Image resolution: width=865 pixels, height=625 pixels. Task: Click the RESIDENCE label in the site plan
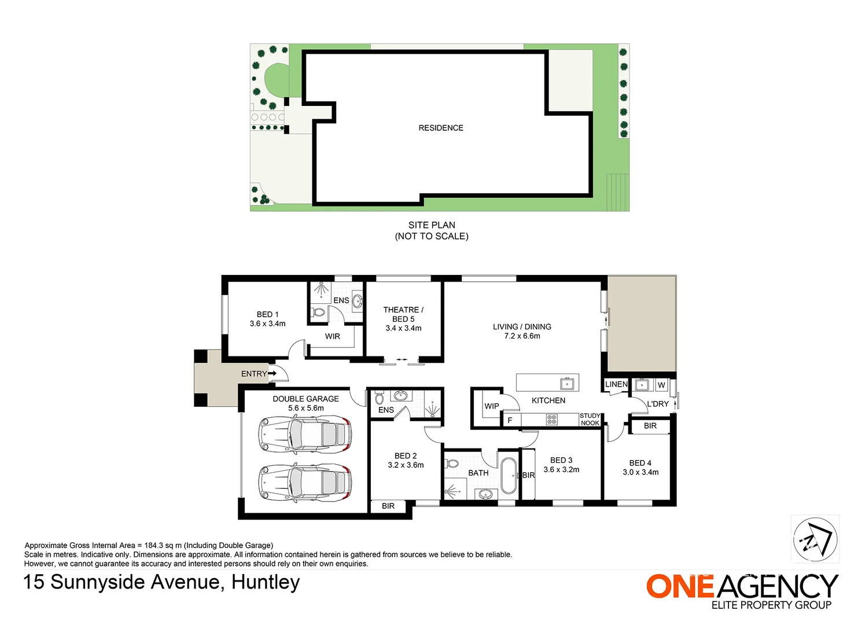441,128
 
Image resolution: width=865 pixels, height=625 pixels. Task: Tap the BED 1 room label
267,314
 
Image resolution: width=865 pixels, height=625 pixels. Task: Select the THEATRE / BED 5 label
403,314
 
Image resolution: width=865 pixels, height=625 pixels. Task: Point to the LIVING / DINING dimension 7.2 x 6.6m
522,336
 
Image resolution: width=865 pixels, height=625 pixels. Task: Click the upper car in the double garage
305,434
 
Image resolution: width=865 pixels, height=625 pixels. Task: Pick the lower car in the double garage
305,483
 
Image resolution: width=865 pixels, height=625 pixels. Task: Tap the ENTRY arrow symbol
273,373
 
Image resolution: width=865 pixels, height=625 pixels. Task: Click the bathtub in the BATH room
509,476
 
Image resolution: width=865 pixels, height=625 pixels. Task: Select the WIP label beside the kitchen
492,406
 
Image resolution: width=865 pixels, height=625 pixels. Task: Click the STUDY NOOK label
590,419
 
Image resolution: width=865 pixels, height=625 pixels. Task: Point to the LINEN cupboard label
616,384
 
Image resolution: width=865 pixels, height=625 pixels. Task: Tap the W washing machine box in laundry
661,385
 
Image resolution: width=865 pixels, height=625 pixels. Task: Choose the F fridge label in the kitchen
510,420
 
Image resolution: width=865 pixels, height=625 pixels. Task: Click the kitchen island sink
567,384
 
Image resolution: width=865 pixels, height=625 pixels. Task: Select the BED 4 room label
641,463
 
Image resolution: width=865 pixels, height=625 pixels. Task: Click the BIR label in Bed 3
528,475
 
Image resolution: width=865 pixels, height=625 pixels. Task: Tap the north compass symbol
815,539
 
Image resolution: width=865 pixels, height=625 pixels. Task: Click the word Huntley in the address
266,582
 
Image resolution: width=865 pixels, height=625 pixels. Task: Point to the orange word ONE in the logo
680,586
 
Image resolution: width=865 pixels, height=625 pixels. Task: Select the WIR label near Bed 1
333,336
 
